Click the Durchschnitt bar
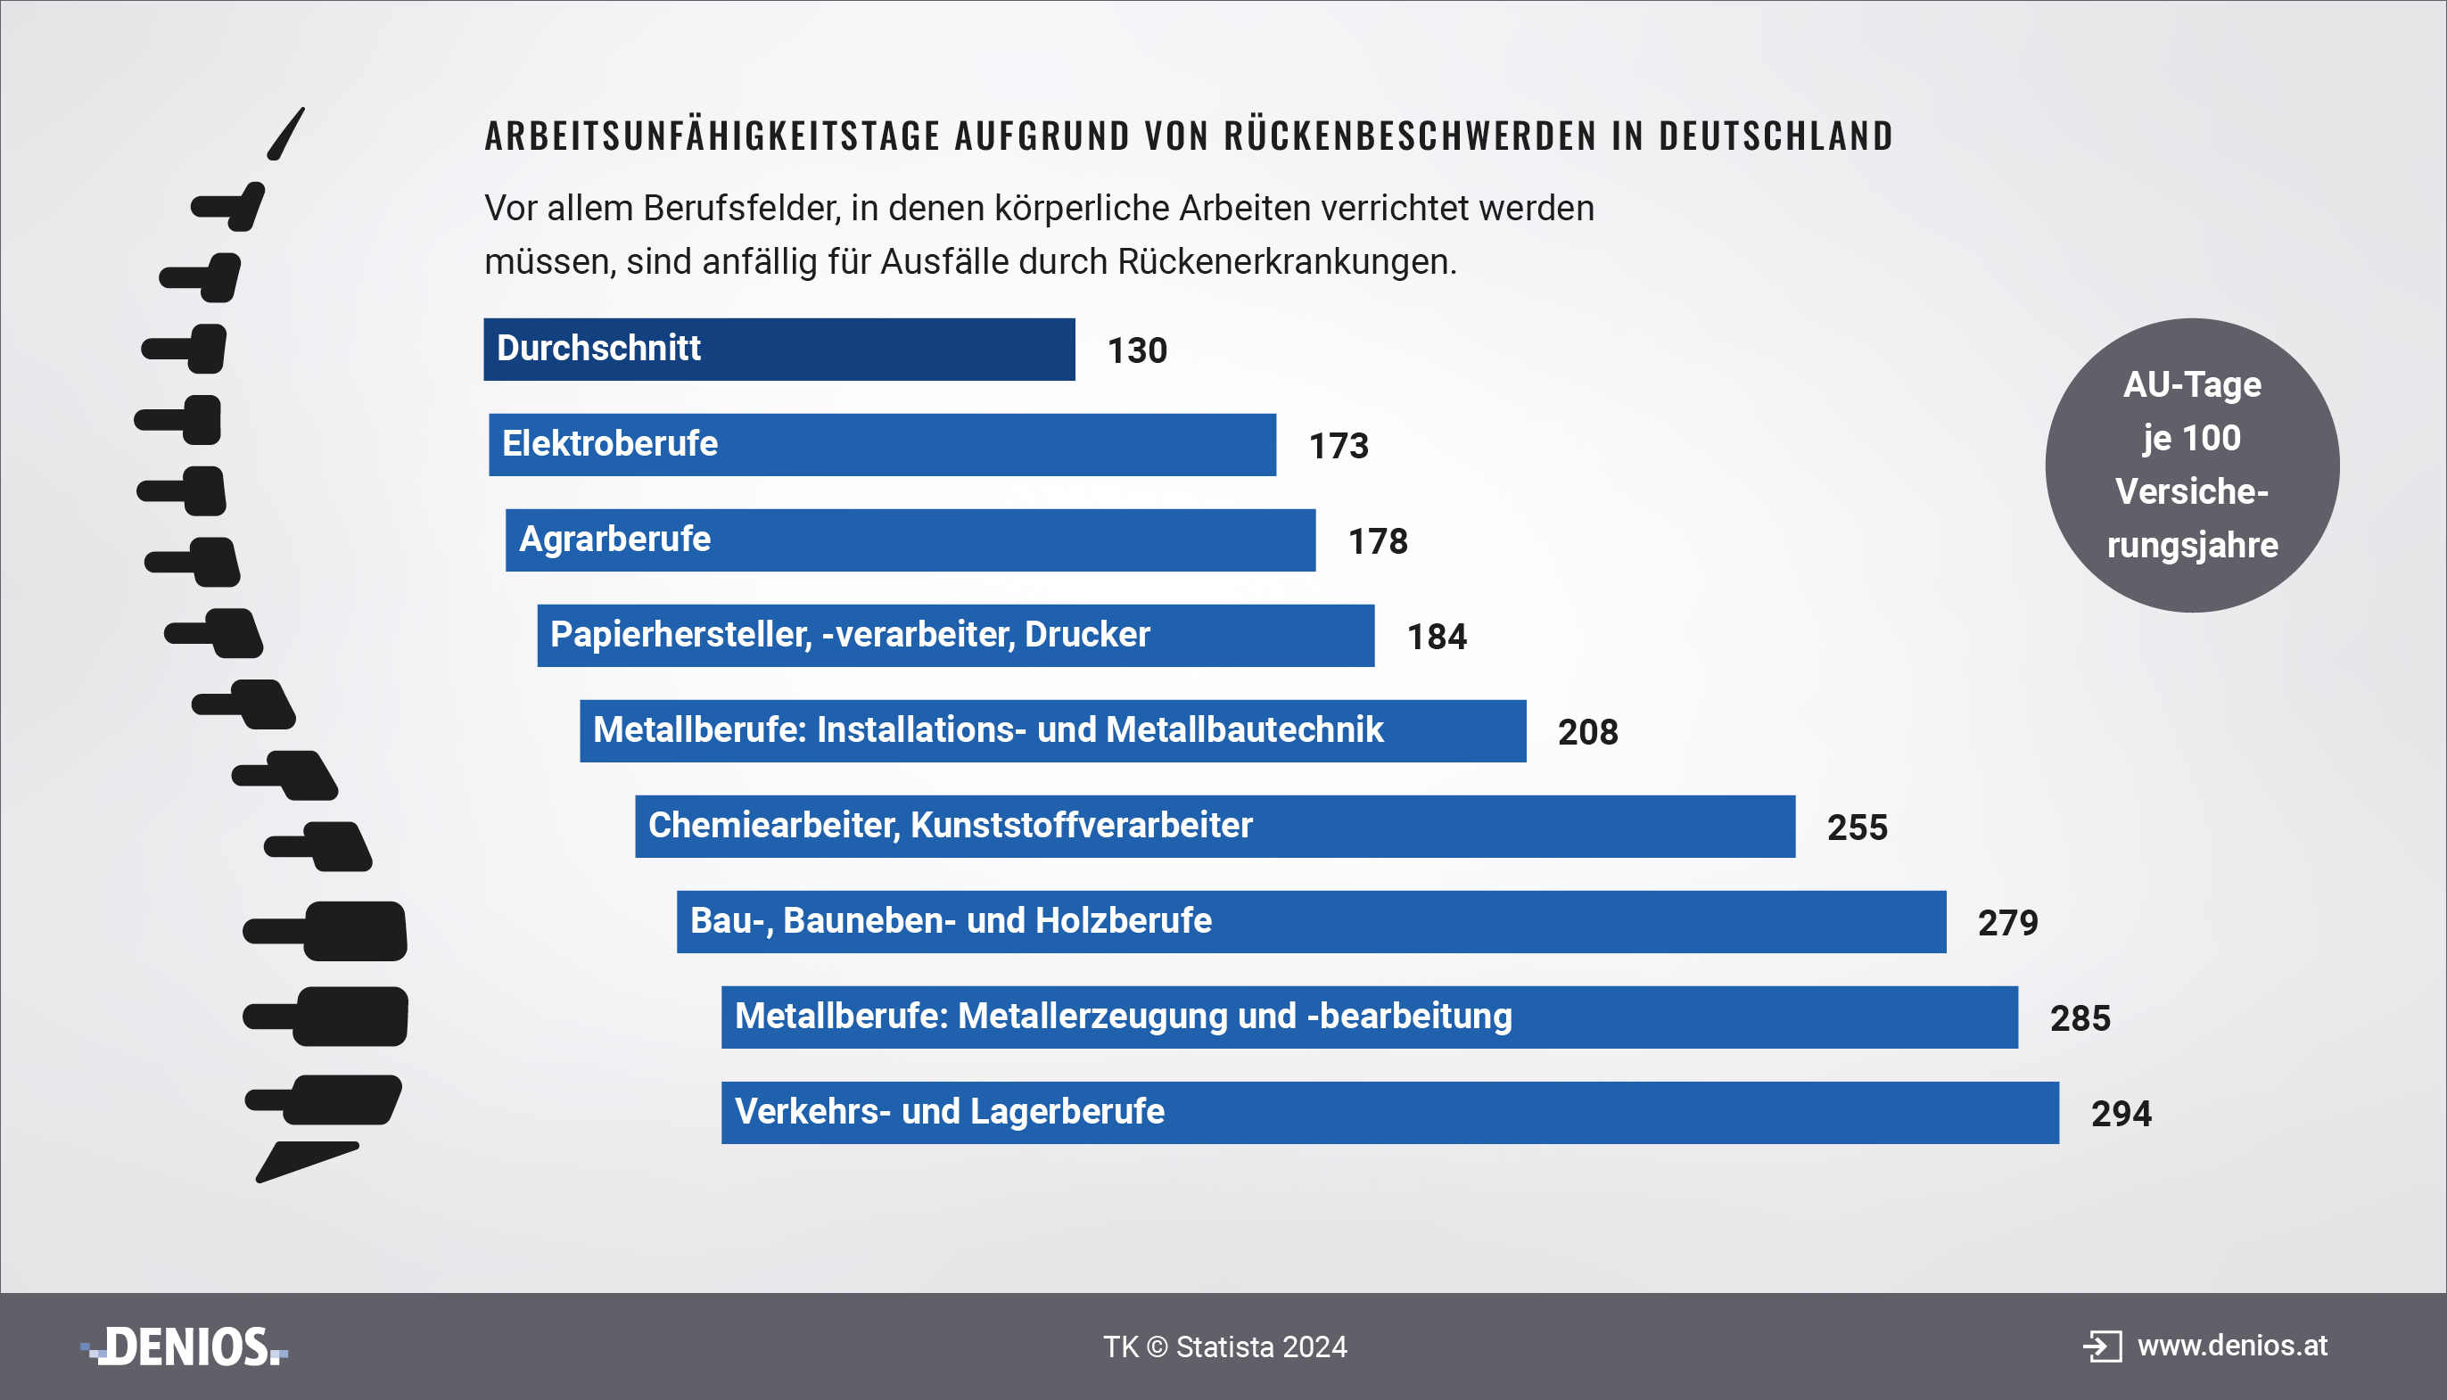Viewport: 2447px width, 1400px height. coord(779,349)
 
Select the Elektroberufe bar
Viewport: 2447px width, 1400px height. coord(882,444)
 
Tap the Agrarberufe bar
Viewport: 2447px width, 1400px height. coord(910,539)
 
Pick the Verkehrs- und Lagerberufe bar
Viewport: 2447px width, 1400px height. coord(1389,1113)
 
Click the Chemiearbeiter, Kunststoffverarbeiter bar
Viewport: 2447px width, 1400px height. coord(1215,826)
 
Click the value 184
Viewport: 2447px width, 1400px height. coord(1437,637)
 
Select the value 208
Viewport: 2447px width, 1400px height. coord(1587,733)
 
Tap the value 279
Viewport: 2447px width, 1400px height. coord(2007,923)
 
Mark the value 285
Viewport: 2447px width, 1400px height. coord(2080,1018)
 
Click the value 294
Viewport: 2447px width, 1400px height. coord(2121,1114)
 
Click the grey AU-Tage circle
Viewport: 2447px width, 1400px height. coord(2191,465)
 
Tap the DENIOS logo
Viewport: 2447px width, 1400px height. coord(185,1346)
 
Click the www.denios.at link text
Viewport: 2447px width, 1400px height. coord(2231,1346)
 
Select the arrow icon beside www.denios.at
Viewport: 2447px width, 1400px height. coord(2102,1346)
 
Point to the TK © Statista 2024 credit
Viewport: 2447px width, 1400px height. coord(1225,1347)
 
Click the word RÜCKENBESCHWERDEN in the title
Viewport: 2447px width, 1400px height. coord(1410,136)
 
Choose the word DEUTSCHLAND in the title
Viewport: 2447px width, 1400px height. coord(1775,136)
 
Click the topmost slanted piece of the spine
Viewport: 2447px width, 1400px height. coord(285,134)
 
